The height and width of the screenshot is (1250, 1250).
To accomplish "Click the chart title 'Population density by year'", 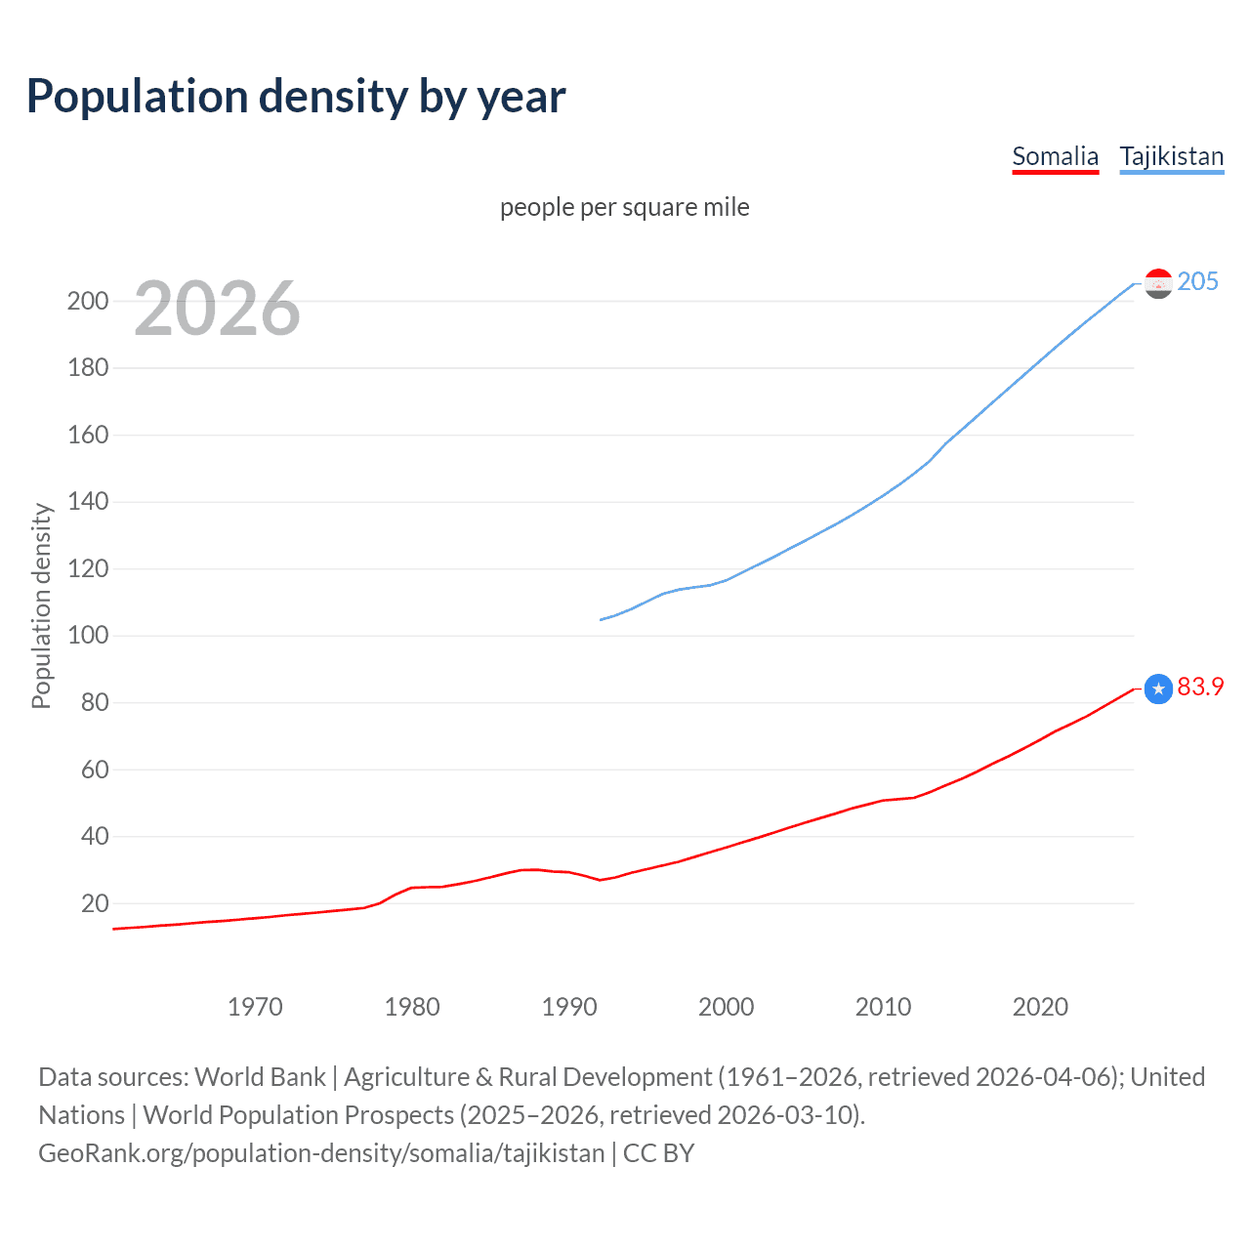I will coord(296,97).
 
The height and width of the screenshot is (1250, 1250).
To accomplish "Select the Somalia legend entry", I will coord(1055,156).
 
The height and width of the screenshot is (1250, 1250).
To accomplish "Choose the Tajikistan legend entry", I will coord(1171,156).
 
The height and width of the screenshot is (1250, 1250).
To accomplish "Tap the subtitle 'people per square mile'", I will coord(624,207).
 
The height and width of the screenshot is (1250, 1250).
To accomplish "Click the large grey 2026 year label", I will coord(217,309).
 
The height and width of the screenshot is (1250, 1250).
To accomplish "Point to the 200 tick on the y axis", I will coord(88,301).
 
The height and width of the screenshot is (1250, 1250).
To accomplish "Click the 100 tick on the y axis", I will coord(88,636).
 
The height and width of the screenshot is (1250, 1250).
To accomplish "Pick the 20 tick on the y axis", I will coord(95,903).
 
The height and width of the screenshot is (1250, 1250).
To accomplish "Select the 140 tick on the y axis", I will coord(88,502).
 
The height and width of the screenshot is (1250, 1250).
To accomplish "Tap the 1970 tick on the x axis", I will coord(255,1007).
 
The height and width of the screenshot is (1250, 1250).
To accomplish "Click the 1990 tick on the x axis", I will coord(569,1007).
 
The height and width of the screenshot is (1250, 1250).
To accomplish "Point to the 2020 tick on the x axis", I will coord(1040,1007).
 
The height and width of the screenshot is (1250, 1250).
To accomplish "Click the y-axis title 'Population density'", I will coord(41,605).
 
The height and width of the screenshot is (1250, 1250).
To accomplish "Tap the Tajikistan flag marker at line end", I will coord(1158,283).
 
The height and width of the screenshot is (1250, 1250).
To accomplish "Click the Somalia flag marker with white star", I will coord(1158,689).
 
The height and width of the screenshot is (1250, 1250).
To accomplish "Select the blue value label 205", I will coord(1197,281).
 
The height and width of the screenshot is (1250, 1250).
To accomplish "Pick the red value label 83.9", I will coord(1200,687).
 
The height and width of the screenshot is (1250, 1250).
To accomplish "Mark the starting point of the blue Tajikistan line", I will coord(601,619).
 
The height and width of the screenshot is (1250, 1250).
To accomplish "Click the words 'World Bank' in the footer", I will coord(260,1077).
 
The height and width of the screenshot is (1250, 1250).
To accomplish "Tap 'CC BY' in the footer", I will coord(658,1153).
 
